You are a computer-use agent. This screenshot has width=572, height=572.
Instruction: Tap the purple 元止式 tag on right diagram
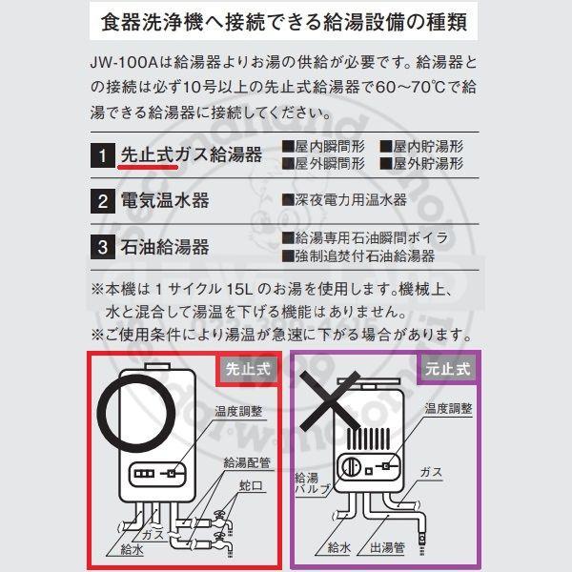[449, 367]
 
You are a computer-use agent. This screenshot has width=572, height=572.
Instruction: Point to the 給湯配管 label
[247, 462]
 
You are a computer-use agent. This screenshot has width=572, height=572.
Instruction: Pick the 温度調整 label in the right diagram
[448, 408]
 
